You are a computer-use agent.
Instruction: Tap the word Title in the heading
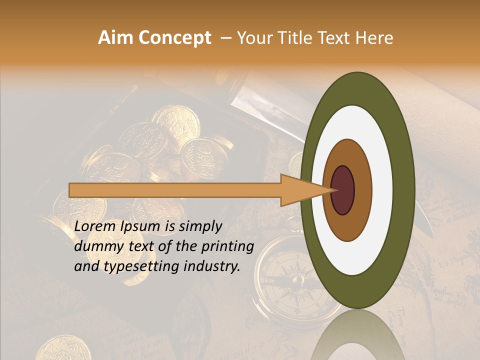(x=301, y=38)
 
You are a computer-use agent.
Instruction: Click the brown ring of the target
(x=362, y=190)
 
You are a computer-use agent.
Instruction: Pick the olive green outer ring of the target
(x=405, y=190)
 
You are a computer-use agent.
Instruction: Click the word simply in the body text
(x=200, y=227)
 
